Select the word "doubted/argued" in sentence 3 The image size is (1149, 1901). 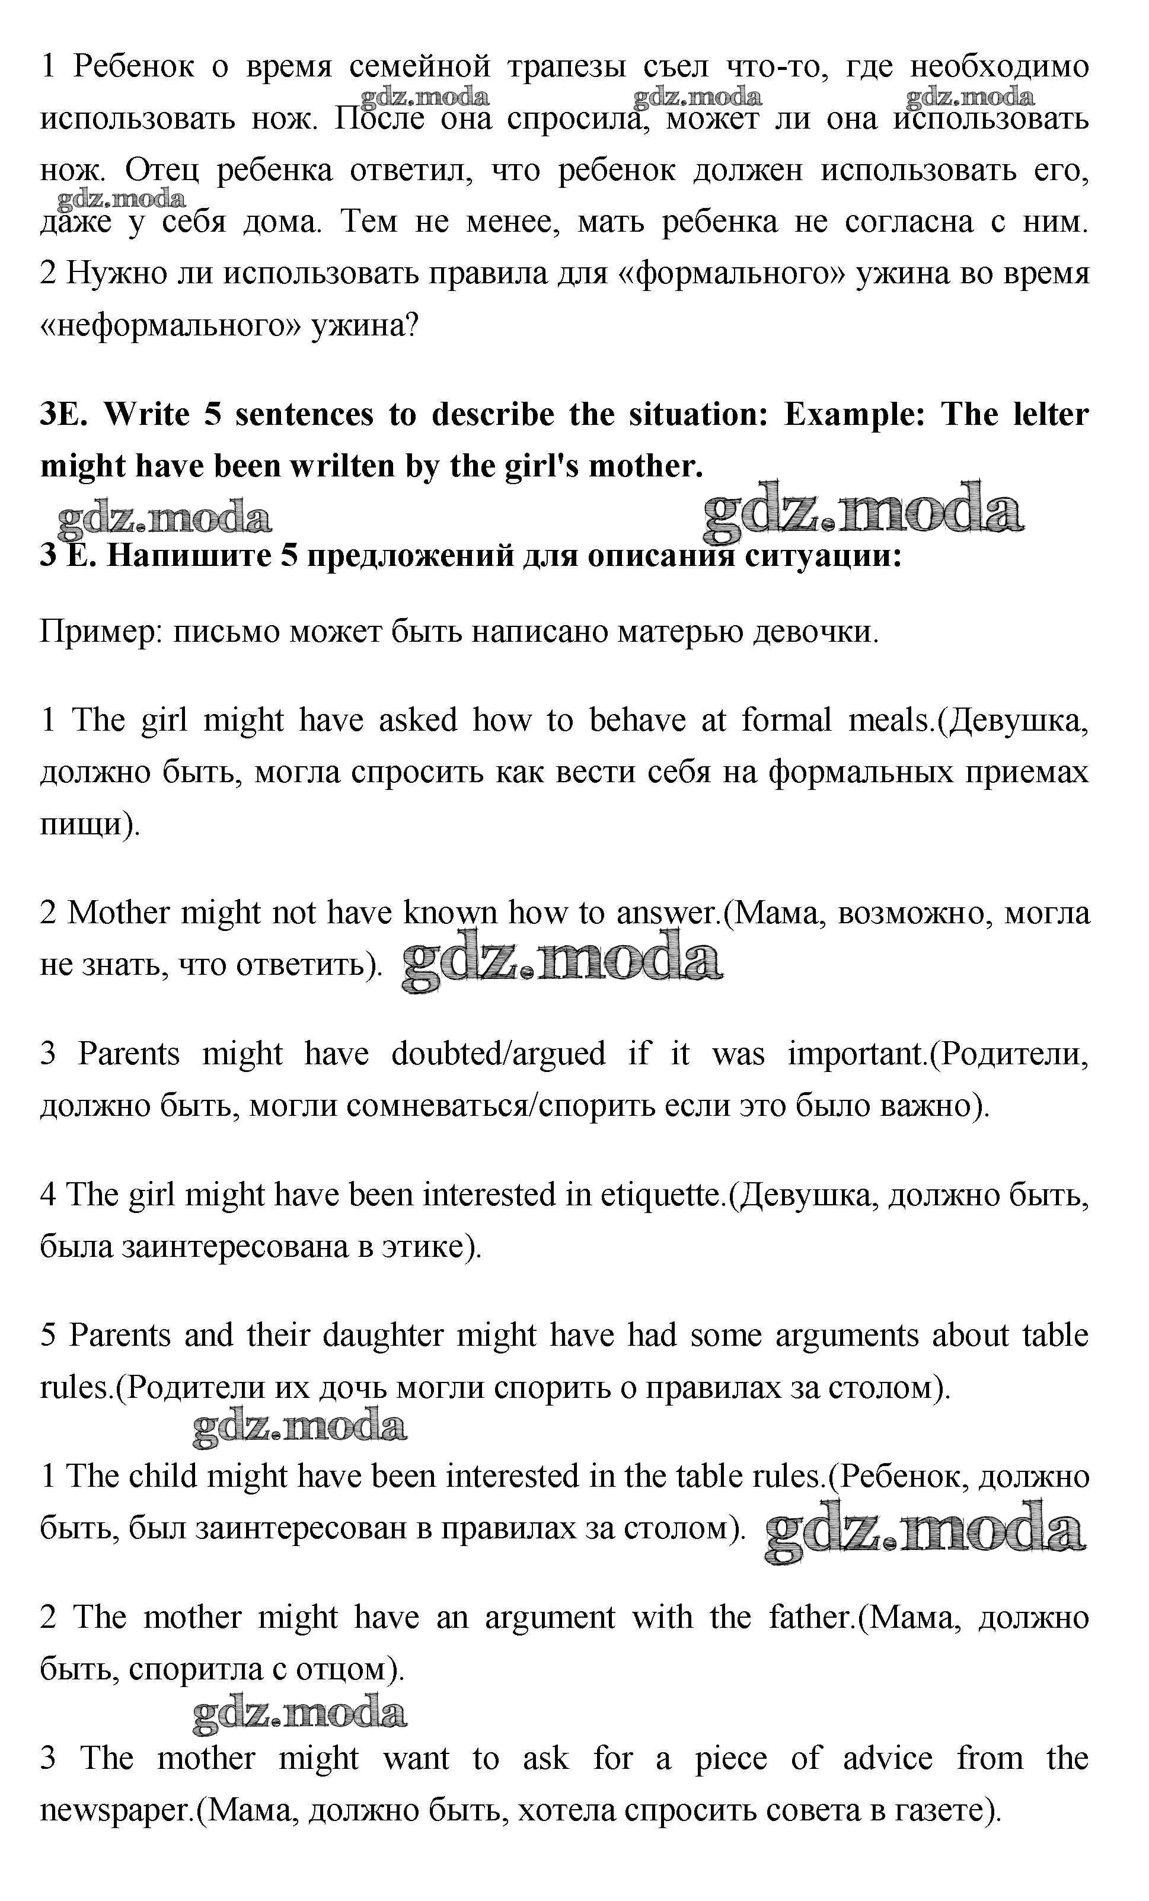click(x=497, y=1054)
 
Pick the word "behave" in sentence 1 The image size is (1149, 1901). click(x=637, y=721)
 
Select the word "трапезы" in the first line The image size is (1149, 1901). click(x=567, y=67)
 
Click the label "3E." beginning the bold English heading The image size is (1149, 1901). click(x=64, y=415)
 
